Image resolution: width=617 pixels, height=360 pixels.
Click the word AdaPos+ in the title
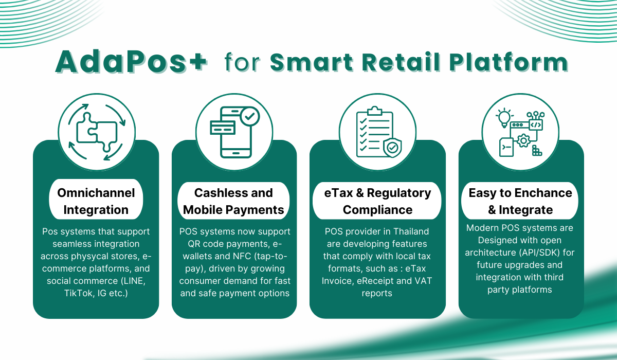131,62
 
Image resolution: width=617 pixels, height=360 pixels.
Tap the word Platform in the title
509,62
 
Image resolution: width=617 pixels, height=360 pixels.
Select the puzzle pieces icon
97,132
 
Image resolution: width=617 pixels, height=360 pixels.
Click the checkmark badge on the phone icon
250,117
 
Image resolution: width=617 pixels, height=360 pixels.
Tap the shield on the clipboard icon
392,148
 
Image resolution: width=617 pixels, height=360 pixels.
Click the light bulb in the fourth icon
504,118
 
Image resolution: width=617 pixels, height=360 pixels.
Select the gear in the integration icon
523,141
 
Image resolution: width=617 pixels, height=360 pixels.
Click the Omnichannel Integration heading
96,201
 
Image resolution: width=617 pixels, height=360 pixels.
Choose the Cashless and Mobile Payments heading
233,201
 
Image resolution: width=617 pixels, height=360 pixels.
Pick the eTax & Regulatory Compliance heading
377,201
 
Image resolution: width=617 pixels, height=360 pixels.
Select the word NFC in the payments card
242,256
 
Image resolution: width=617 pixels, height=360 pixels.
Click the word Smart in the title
312,62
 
